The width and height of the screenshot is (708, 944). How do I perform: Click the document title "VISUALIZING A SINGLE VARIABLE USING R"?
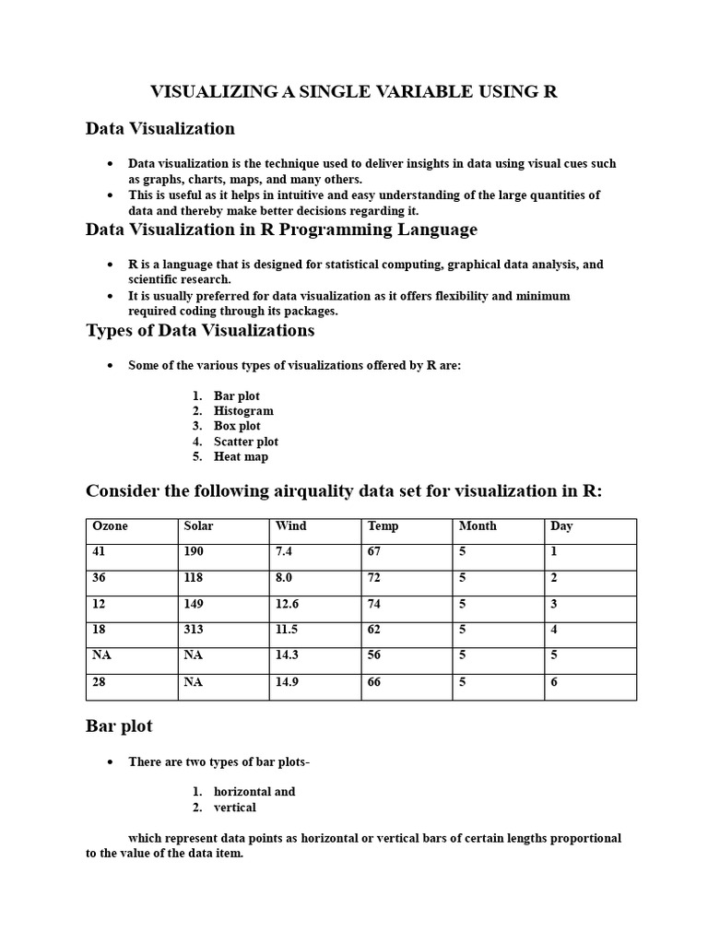[x=354, y=91]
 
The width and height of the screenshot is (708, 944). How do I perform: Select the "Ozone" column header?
[x=110, y=526]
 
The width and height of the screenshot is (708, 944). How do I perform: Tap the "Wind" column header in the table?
[x=290, y=526]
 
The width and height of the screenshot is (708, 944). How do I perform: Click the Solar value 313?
[x=194, y=630]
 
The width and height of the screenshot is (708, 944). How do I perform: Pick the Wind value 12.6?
[x=289, y=604]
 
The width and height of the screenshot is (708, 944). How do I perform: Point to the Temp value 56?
[x=376, y=655]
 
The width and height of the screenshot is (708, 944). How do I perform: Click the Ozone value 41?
[x=100, y=551]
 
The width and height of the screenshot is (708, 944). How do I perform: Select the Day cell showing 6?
[x=554, y=682]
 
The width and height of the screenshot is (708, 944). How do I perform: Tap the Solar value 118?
[x=194, y=578]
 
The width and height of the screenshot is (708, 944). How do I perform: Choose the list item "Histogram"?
[x=243, y=411]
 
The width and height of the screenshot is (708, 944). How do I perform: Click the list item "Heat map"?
[x=241, y=456]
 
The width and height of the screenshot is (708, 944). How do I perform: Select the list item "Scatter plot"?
[x=245, y=442]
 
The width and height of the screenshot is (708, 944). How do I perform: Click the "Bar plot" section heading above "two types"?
[x=119, y=726]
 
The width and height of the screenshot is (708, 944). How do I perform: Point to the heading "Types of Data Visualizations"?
[x=200, y=330]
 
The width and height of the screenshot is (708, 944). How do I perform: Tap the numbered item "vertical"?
[x=234, y=808]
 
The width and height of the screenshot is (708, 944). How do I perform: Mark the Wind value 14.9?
[x=289, y=682]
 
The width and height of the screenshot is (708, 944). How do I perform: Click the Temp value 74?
[x=376, y=604]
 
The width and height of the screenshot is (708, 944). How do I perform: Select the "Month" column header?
[x=478, y=526]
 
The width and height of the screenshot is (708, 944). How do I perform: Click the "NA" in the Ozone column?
[x=101, y=655]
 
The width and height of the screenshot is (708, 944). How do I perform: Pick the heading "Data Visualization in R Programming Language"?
[x=281, y=229]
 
